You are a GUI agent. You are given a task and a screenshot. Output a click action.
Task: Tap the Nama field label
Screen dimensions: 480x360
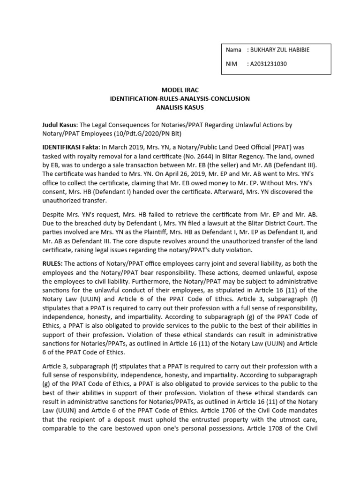click(x=233, y=50)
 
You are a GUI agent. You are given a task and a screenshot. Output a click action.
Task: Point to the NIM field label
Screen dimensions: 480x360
click(x=232, y=64)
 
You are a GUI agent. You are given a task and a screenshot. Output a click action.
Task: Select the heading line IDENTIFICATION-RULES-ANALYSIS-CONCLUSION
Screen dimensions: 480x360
click(x=180, y=98)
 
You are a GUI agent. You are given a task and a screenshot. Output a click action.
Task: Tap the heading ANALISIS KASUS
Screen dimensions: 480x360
click(x=180, y=107)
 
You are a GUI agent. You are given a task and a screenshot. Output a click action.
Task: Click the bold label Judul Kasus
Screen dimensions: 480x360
click(x=60, y=125)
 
